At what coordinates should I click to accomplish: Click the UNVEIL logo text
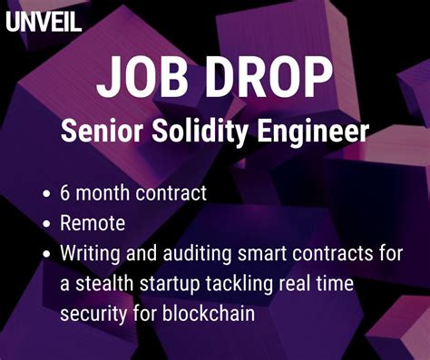point(44,20)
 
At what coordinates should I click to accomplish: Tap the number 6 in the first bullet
point(65,192)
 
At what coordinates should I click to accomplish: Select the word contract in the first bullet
point(175,192)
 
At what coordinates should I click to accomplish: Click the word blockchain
point(211,314)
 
